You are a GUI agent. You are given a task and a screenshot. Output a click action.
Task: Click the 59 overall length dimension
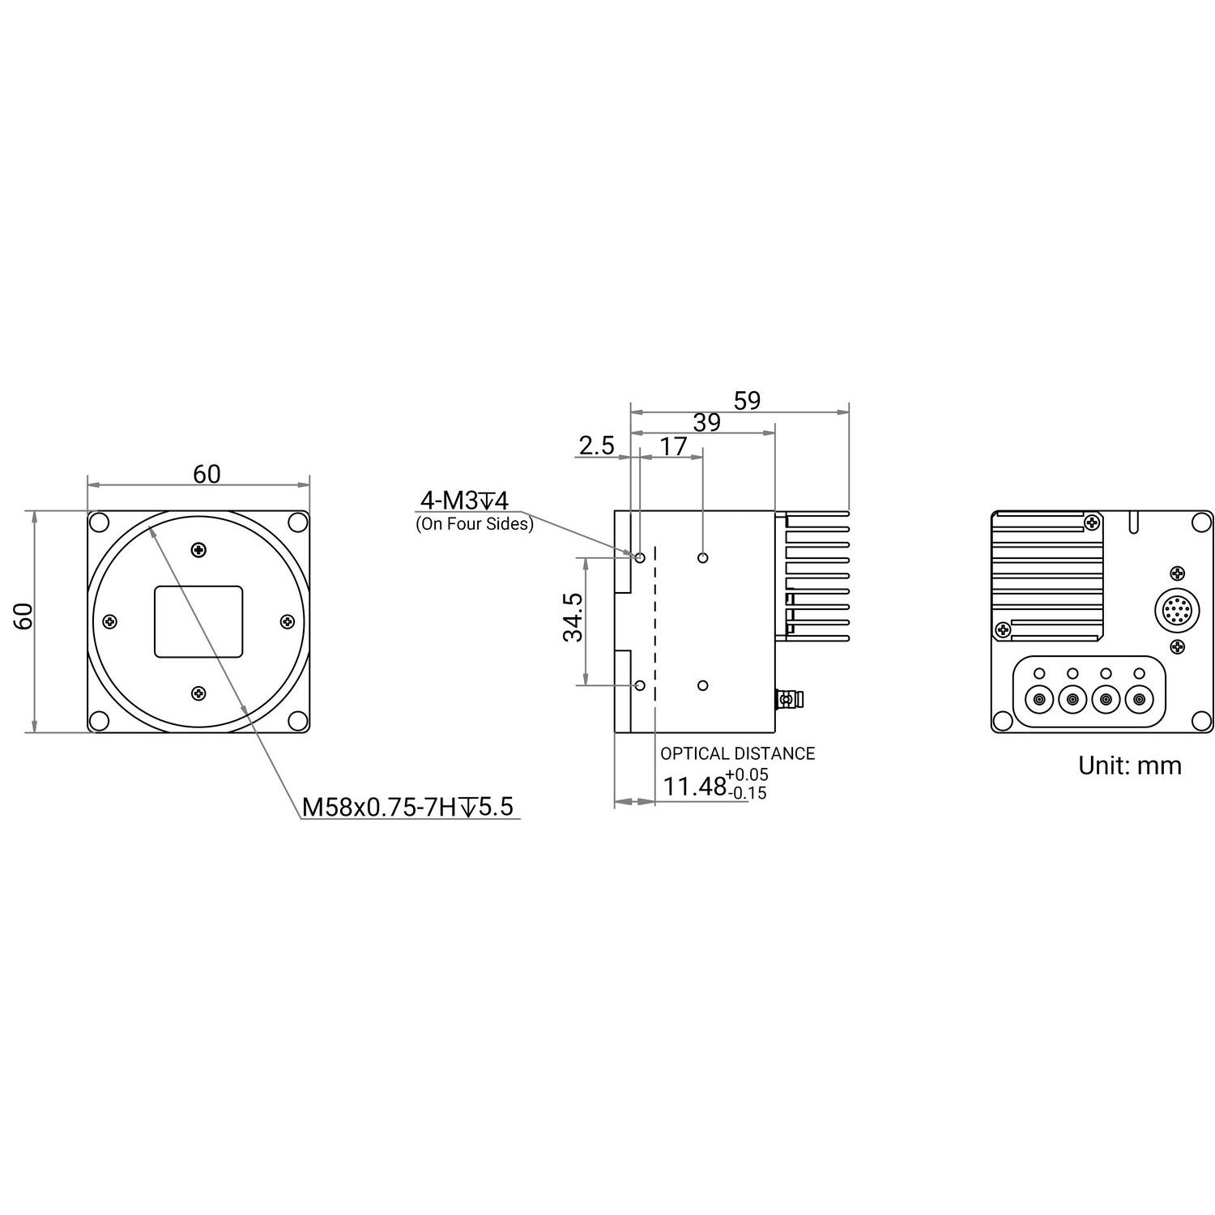point(747,400)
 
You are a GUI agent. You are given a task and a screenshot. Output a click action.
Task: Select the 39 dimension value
point(706,422)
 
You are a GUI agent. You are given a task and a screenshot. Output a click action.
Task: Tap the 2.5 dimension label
point(597,446)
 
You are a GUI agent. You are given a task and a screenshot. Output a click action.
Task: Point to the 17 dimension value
point(673,446)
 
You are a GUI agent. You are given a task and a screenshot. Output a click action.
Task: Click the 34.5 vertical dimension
point(573,617)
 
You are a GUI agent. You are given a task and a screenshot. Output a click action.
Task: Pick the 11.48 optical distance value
point(694,786)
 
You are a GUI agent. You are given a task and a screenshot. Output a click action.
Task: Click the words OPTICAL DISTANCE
point(737,753)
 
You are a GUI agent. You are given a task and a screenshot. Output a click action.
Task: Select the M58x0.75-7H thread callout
point(407,807)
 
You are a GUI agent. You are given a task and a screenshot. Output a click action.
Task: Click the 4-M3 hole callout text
point(463,500)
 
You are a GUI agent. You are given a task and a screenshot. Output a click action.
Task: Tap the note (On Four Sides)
point(475,524)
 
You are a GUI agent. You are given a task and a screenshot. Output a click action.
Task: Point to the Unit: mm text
point(1129,765)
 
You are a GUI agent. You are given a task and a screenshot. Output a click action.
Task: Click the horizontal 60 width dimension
point(207,474)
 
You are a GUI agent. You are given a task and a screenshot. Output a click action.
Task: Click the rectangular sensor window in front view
point(198,621)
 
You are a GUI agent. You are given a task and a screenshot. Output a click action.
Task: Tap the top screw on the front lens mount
point(198,551)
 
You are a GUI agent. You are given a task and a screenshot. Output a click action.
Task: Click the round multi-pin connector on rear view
point(1174,609)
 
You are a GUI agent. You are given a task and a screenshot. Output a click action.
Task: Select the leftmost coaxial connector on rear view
point(1038,698)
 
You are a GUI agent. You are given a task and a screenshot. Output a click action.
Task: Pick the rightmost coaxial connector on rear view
point(1139,698)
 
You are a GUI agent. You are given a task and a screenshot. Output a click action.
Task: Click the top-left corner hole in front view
point(98,522)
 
